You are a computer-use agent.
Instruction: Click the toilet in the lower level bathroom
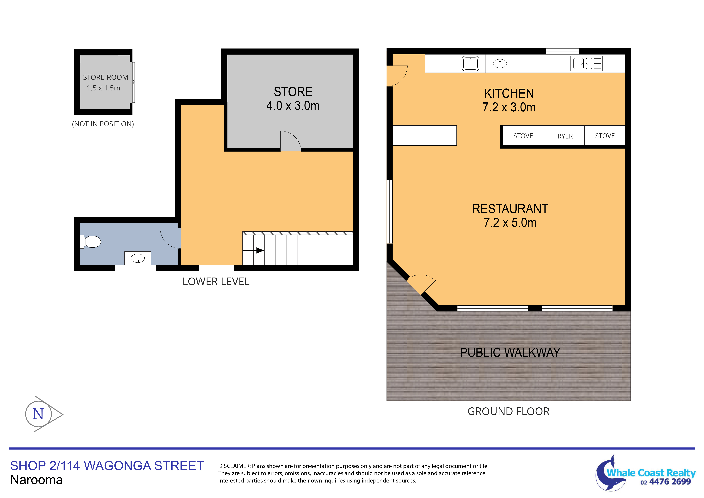[91, 242]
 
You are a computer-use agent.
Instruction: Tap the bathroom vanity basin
[138, 258]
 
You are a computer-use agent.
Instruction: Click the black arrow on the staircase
[259, 250]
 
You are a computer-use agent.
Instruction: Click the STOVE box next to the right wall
[605, 136]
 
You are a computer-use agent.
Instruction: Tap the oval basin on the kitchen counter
[500, 64]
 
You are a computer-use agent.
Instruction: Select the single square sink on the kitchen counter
[470, 64]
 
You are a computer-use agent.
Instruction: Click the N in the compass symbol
[38, 414]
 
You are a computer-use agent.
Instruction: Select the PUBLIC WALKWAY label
[510, 353]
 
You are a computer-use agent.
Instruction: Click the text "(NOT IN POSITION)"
[103, 124]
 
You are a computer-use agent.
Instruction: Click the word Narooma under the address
[36, 480]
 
